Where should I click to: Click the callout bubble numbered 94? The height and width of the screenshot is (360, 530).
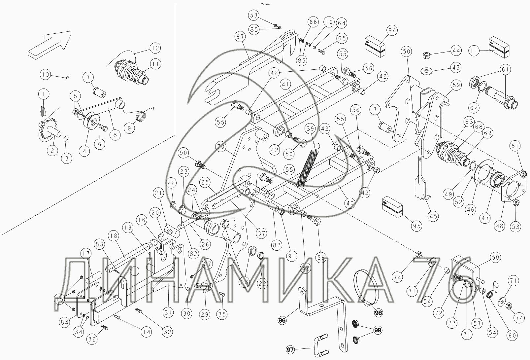coord(392,30)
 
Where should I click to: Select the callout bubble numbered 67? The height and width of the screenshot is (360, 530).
coord(240,37)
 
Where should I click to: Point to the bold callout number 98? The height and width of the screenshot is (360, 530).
coord(378,313)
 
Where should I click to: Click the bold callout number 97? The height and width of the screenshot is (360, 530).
coord(290,349)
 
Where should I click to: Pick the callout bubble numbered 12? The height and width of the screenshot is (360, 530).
coord(155,48)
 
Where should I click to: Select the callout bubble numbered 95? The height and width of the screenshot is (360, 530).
coord(416,226)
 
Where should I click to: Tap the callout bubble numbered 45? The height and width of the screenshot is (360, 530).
coord(433,216)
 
